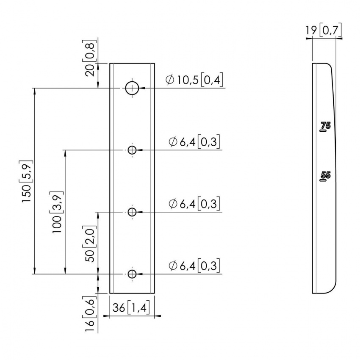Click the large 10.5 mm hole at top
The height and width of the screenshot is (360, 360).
pyautogui.click(x=132, y=88)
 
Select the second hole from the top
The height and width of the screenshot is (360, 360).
pyautogui.click(x=132, y=150)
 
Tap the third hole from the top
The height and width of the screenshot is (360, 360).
pyautogui.click(x=132, y=212)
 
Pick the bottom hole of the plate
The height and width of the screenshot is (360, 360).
pyautogui.click(x=132, y=274)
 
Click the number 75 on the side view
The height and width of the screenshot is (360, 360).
pyautogui.click(x=325, y=126)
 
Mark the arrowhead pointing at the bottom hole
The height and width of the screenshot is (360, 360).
pyautogui.click(x=140, y=274)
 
